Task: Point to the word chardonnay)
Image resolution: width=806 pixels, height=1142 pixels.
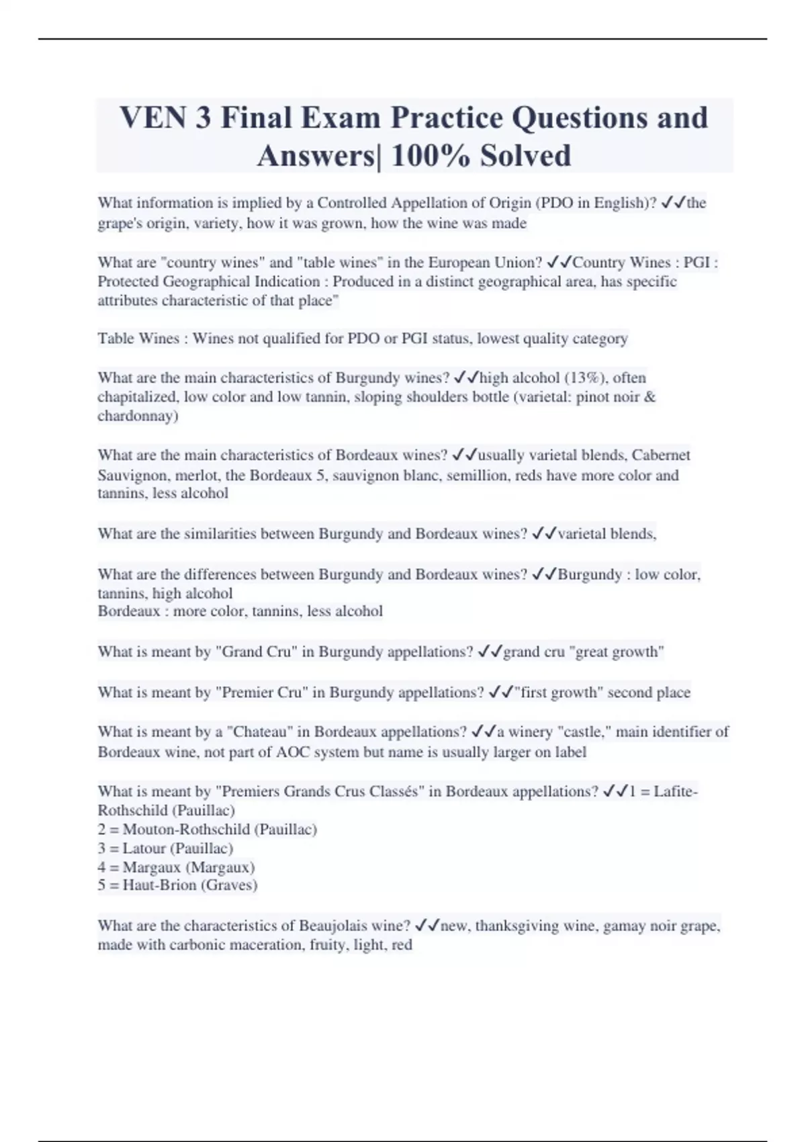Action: click(138, 416)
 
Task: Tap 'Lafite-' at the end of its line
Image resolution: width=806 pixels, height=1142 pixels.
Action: click(676, 791)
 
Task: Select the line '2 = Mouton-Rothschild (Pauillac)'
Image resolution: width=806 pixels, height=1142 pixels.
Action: click(207, 829)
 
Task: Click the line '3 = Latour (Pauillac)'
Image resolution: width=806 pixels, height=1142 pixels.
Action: click(165, 848)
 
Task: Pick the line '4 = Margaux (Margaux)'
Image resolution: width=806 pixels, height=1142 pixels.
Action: click(176, 867)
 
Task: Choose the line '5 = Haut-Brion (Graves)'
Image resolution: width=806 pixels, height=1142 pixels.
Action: click(177, 885)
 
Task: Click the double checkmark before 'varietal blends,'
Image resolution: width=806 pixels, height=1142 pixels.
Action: click(543, 534)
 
